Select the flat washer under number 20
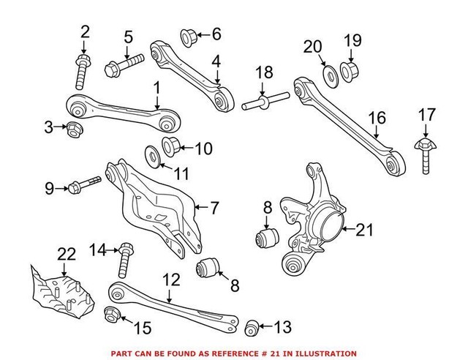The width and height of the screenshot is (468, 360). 328,75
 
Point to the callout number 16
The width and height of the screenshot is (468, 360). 377,117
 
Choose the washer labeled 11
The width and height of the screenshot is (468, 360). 154,155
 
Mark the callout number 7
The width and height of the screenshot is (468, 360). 214,208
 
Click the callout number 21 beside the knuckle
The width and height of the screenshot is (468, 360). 363,230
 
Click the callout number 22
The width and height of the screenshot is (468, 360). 67,255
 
